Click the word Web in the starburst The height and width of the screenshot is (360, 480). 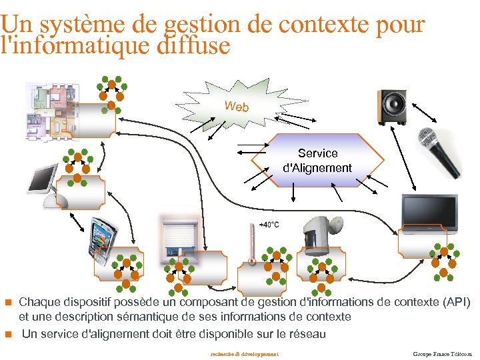(237, 107)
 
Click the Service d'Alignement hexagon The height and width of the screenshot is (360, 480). (317, 161)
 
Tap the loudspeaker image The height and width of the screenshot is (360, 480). (393, 107)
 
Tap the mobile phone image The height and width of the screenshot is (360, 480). (103, 237)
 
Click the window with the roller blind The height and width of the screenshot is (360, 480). (179, 237)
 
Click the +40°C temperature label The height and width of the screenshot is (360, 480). (269, 225)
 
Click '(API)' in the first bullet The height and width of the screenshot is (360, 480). (456, 303)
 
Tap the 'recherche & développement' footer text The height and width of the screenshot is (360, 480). (243, 353)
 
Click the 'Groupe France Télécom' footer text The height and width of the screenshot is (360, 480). (442, 353)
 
